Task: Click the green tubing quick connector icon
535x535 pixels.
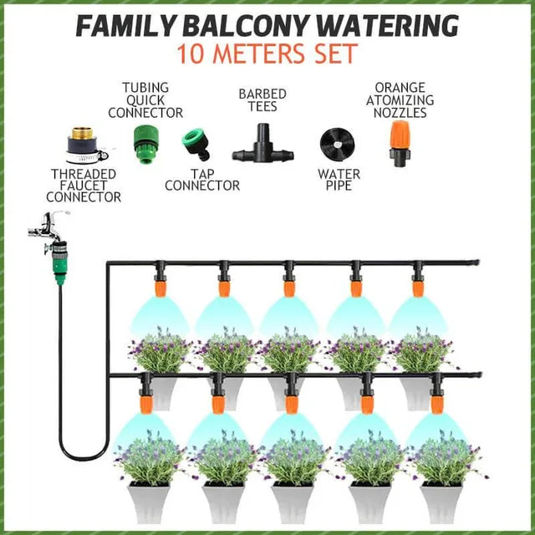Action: pos(145,141)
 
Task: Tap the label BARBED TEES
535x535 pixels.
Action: pos(262,100)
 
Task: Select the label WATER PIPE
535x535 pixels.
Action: pos(339,180)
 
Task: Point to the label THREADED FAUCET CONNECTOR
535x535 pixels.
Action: pos(84,185)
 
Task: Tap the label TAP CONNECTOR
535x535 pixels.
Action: pos(202,179)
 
